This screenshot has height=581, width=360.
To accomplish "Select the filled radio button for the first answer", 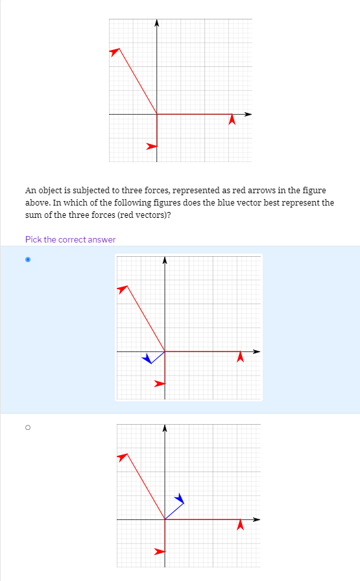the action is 27,260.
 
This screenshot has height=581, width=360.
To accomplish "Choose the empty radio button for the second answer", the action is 27,427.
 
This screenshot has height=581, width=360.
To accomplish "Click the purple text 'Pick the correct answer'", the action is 70,239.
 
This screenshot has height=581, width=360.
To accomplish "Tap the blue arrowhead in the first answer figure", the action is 148,358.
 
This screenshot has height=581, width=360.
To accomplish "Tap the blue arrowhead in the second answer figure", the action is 180,499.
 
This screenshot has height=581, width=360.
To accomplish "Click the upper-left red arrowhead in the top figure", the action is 115,51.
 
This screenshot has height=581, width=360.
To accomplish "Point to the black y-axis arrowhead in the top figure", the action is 157,23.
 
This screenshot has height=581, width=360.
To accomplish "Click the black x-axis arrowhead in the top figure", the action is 248,115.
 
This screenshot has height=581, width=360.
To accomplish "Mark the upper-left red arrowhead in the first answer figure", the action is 123,289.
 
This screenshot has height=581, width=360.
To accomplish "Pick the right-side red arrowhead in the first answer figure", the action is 240,356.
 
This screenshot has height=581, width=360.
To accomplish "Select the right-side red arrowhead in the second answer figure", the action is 240,523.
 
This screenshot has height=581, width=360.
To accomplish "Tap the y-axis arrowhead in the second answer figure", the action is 165,428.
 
